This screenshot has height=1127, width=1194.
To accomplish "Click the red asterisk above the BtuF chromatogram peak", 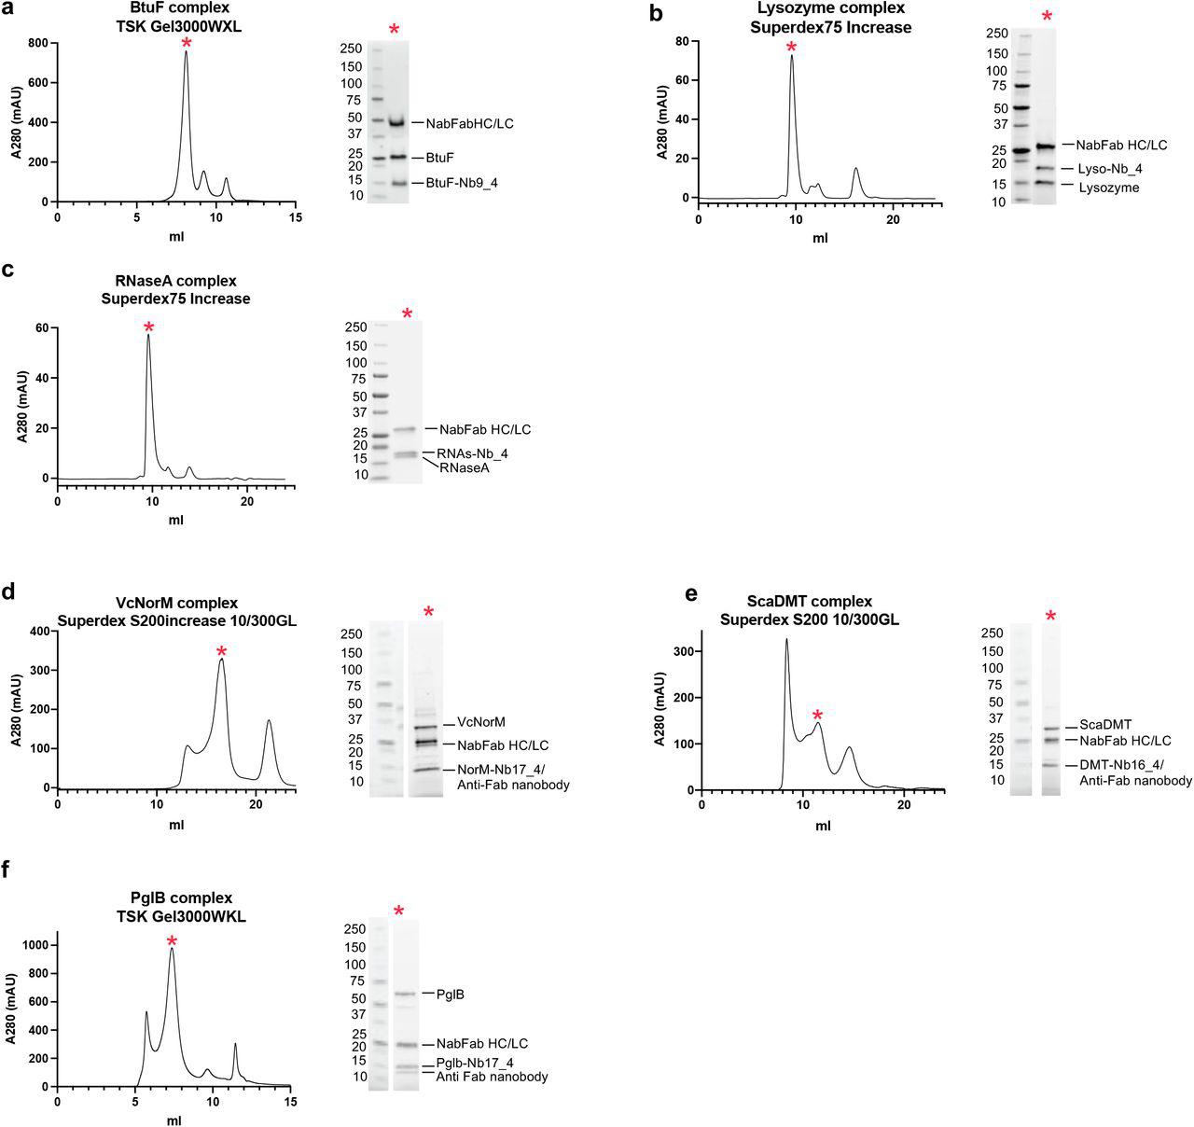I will click(187, 43).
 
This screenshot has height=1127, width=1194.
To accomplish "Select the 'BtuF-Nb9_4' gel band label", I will click(462, 183).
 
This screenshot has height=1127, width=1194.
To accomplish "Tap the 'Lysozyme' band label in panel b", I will click(1107, 188).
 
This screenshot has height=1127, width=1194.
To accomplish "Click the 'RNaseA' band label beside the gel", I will click(465, 467).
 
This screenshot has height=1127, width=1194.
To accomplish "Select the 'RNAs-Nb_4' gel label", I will click(473, 453).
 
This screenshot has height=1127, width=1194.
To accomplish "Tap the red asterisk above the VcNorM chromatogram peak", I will click(221, 652).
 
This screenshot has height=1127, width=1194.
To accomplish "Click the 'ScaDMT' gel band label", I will click(1105, 725).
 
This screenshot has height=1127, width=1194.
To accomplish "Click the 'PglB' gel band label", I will click(450, 994).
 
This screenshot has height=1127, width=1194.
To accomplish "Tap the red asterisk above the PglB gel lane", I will click(399, 911).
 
